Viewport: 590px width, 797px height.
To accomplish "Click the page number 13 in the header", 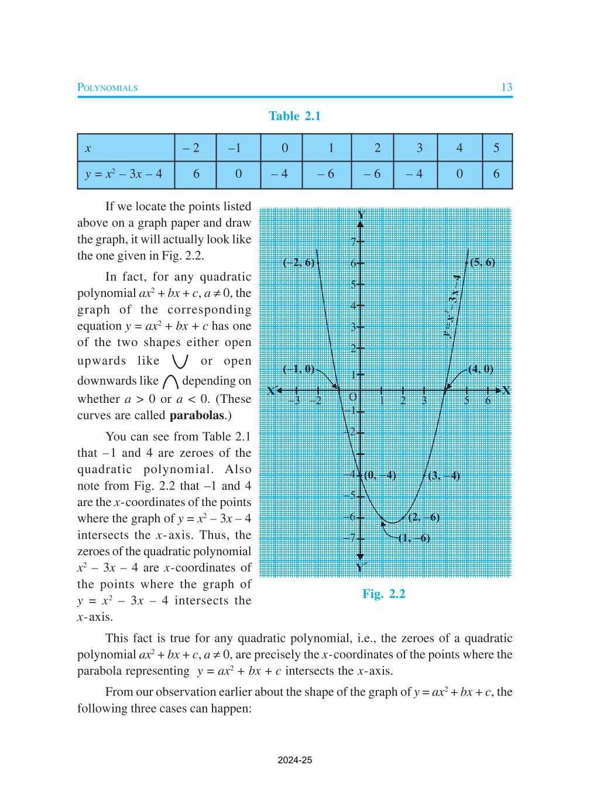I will coord(506,87).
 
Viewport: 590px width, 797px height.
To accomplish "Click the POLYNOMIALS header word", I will coord(108,88).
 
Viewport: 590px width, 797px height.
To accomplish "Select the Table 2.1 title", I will coord(294,116).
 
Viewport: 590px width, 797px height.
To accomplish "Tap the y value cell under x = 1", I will coord(326,174).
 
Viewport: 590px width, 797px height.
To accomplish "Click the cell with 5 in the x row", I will coord(496,148).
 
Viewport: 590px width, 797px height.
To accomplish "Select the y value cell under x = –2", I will coord(195,174).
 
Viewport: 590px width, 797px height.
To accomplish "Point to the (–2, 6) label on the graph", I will coord(299,262).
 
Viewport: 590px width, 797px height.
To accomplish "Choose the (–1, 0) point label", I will coord(299,369).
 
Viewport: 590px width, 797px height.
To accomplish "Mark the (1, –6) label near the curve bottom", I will coord(414,538).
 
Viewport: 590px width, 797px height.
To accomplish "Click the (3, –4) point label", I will coord(444,476).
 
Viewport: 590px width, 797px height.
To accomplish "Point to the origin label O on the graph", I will coord(353,397).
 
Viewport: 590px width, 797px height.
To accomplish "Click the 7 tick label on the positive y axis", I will coord(354,241).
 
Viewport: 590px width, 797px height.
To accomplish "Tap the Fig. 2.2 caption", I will coord(383,594).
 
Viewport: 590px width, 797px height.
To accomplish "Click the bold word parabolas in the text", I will coord(197,415).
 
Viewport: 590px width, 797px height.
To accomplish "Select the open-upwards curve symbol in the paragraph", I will coord(180,361).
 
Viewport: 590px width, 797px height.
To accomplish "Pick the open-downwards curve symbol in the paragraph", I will coord(170,382).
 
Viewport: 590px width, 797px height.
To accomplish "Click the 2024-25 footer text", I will coord(294,760).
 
